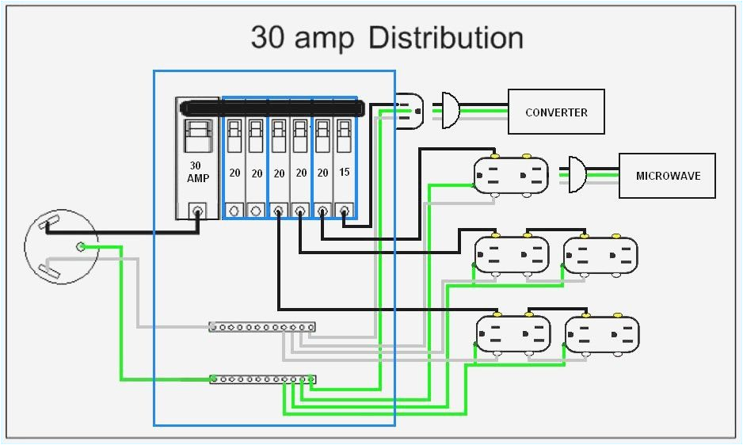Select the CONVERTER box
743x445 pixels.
point(556,112)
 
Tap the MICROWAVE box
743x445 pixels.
point(667,175)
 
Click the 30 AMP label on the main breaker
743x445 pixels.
point(198,172)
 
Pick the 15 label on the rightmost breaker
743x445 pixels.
point(345,173)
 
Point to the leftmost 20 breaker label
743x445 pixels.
point(234,173)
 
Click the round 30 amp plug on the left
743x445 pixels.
point(61,249)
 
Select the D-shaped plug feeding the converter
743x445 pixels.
point(449,110)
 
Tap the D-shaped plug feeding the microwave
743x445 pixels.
point(577,174)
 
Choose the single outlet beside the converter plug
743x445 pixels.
point(410,110)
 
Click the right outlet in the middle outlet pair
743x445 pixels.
point(600,256)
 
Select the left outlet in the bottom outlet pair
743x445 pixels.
point(512,334)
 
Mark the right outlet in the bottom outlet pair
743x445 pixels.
point(601,334)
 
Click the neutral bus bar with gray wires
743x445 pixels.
point(262,326)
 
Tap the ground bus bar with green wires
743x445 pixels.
point(262,380)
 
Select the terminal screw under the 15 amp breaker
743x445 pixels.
point(345,211)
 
